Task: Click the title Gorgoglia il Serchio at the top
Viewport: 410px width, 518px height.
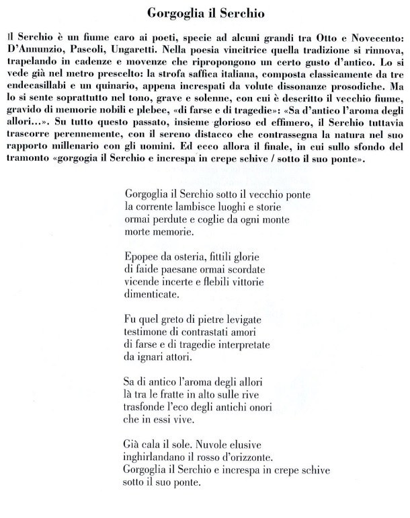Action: click(204, 13)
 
